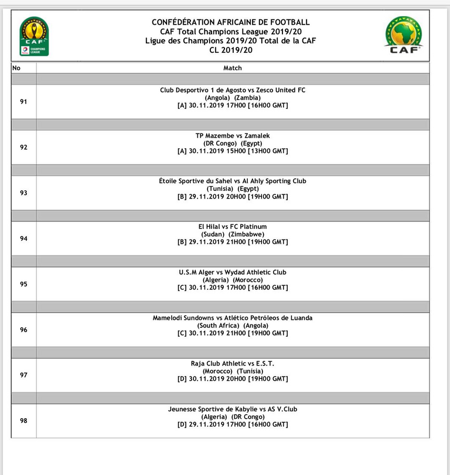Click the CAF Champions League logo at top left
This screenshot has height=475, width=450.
coord(35,36)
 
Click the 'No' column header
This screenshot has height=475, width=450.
coord(16,68)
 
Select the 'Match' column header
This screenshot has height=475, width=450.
coord(233,68)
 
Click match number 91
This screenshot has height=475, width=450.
coord(23,101)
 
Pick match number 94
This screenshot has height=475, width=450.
coord(23,238)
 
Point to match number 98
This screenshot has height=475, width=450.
coord(23,421)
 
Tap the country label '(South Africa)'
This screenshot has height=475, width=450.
coord(218,326)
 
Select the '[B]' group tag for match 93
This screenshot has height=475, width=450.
coord(182,197)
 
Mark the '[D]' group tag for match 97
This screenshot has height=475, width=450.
coord(182,379)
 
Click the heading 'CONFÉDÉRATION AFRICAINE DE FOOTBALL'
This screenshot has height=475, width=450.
coord(230,22)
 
